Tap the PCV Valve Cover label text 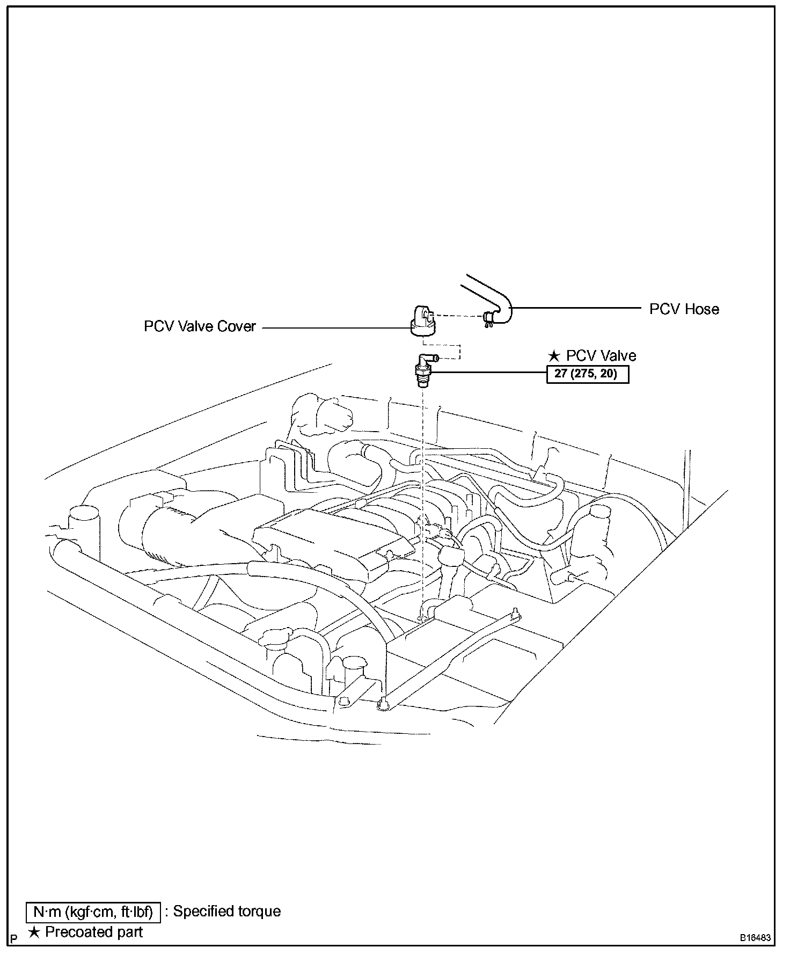pos(200,326)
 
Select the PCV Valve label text pos(601,356)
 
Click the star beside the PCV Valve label pos(554,356)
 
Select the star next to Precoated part pos(34,932)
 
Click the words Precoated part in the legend pos(94,932)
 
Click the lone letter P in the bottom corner pos(14,939)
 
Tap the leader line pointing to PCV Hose pos(577,309)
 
